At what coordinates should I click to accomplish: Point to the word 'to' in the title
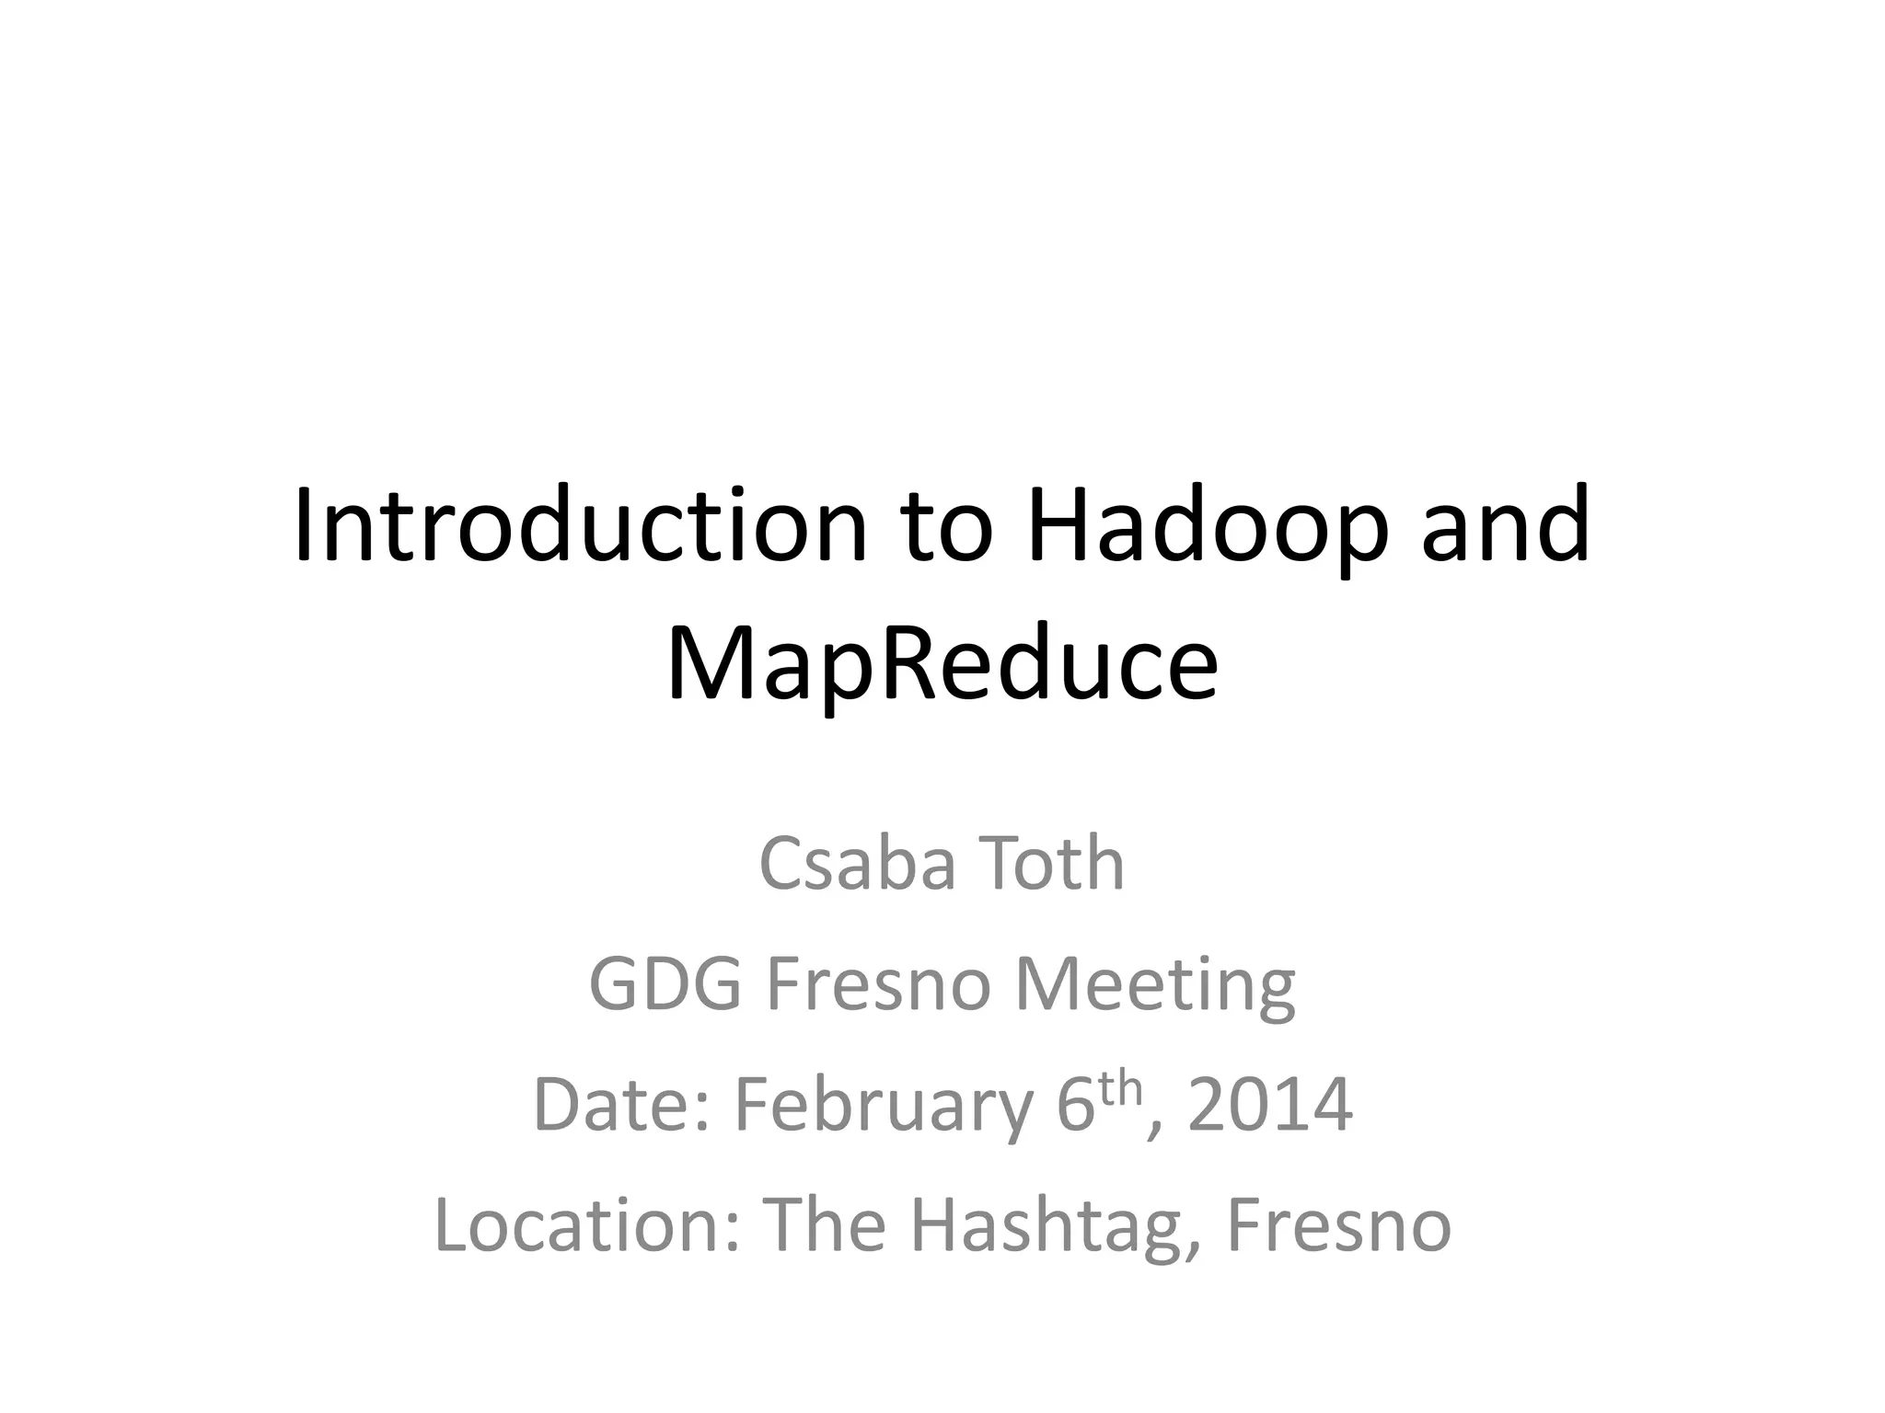[947, 526]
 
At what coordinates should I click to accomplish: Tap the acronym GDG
[665, 984]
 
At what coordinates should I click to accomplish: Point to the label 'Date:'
[622, 1104]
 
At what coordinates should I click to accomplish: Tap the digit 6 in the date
[1075, 1104]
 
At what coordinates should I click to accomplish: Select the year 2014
[1270, 1104]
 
